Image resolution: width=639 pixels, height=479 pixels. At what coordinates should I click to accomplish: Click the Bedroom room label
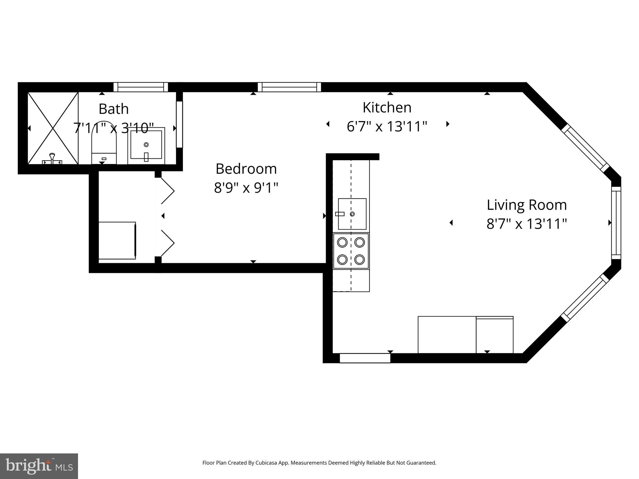click(246, 169)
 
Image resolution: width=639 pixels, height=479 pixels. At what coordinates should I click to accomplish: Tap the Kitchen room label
click(387, 108)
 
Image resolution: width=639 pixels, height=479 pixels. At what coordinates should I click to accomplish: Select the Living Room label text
click(527, 205)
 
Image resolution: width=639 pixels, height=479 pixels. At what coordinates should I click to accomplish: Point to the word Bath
click(114, 109)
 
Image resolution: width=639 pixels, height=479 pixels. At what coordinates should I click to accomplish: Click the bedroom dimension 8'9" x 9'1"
click(246, 188)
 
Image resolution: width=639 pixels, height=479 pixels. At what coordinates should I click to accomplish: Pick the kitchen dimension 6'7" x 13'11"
click(387, 127)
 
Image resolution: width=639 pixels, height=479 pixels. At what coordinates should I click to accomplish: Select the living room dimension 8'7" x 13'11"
click(527, 224)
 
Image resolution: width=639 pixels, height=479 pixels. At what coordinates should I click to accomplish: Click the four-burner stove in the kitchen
click(351, 251)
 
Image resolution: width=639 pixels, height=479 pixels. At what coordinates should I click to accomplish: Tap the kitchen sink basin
click(352, 214)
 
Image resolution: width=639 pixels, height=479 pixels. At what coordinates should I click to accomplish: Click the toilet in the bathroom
click(104, 143)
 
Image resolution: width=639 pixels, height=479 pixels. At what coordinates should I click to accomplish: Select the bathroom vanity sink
click(146, 146)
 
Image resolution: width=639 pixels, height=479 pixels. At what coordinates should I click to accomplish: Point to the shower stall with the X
click(53, 128)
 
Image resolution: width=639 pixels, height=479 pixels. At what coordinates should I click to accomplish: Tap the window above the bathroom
click(141, 87)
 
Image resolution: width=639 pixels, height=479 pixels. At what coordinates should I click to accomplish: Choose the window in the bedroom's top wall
click(289, 87)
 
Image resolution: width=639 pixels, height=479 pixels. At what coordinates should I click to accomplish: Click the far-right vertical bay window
click(616, 223)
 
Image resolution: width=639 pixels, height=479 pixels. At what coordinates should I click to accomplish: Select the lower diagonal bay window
click(585, 298)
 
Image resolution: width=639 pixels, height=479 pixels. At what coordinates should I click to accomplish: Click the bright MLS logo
click(39, 466)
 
